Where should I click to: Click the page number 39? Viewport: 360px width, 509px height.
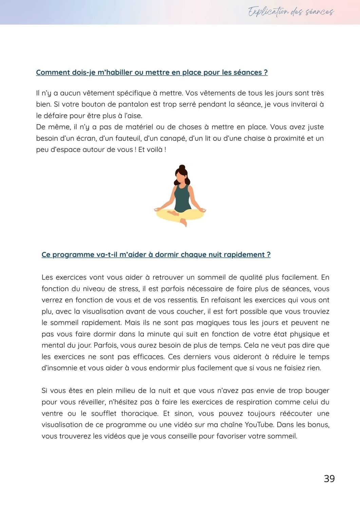coord(329,478)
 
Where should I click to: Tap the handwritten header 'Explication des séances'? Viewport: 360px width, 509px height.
coord(291,12)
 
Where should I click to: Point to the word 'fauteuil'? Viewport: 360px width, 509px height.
coord(128,138)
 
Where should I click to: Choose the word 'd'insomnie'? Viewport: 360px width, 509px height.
coord(59,368)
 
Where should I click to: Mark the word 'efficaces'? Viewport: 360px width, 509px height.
coord(148,357)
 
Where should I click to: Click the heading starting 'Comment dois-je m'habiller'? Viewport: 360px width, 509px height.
coord(152,73)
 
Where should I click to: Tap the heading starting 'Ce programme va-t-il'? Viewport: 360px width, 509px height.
coord(156,255)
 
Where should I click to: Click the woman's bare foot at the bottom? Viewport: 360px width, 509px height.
coord(184,222)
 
